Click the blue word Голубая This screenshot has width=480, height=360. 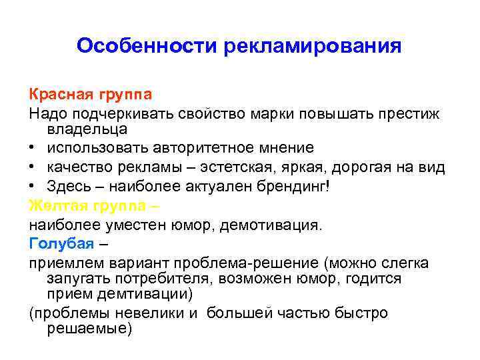click(57, 241)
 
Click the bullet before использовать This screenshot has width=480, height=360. click(33, 148)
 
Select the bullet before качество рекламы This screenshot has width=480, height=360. click(33, 167)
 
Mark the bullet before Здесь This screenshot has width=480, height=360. click(33, 185)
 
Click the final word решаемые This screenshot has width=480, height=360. click(90, 329)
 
